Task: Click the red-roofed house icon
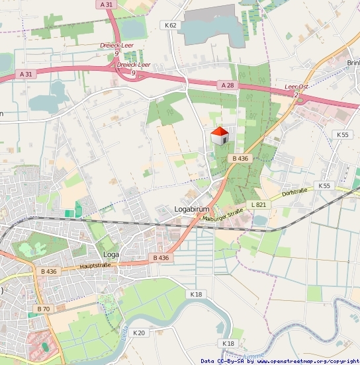(220, 136)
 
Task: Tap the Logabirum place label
(191, 209)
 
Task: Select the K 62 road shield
(171, 25)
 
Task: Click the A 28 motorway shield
(227, 85)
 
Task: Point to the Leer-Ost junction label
(296, 87)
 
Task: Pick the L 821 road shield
(258, 205)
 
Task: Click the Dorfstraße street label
(295, 192)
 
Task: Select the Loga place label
(111, 254)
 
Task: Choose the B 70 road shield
(44, 309)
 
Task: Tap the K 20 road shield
(138, 333)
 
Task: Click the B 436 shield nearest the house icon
(240, 159)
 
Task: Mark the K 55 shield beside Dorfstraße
(324, 186)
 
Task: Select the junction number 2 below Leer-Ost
(296, 95)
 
